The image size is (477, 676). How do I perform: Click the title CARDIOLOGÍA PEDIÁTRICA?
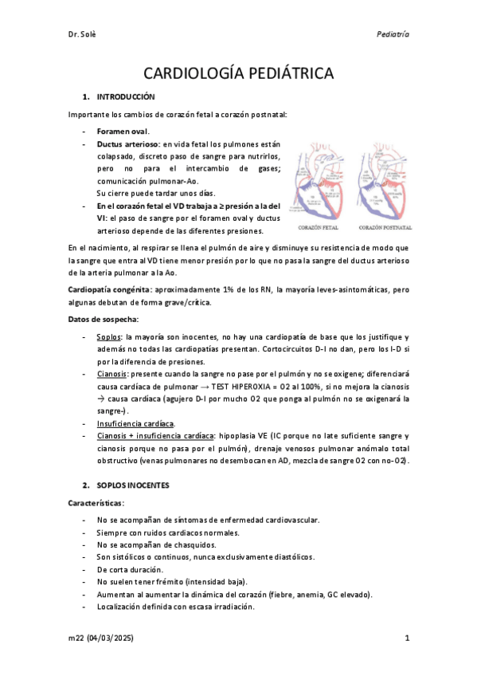coord(238,74)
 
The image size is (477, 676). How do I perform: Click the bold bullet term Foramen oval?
coord(123,131)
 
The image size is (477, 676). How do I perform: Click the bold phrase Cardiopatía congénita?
coord(108,287)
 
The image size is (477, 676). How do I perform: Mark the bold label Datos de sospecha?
coord(104,319)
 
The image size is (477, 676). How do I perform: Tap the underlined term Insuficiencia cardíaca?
coord(135,422)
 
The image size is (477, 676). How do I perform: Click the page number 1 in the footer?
coord(406,638)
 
